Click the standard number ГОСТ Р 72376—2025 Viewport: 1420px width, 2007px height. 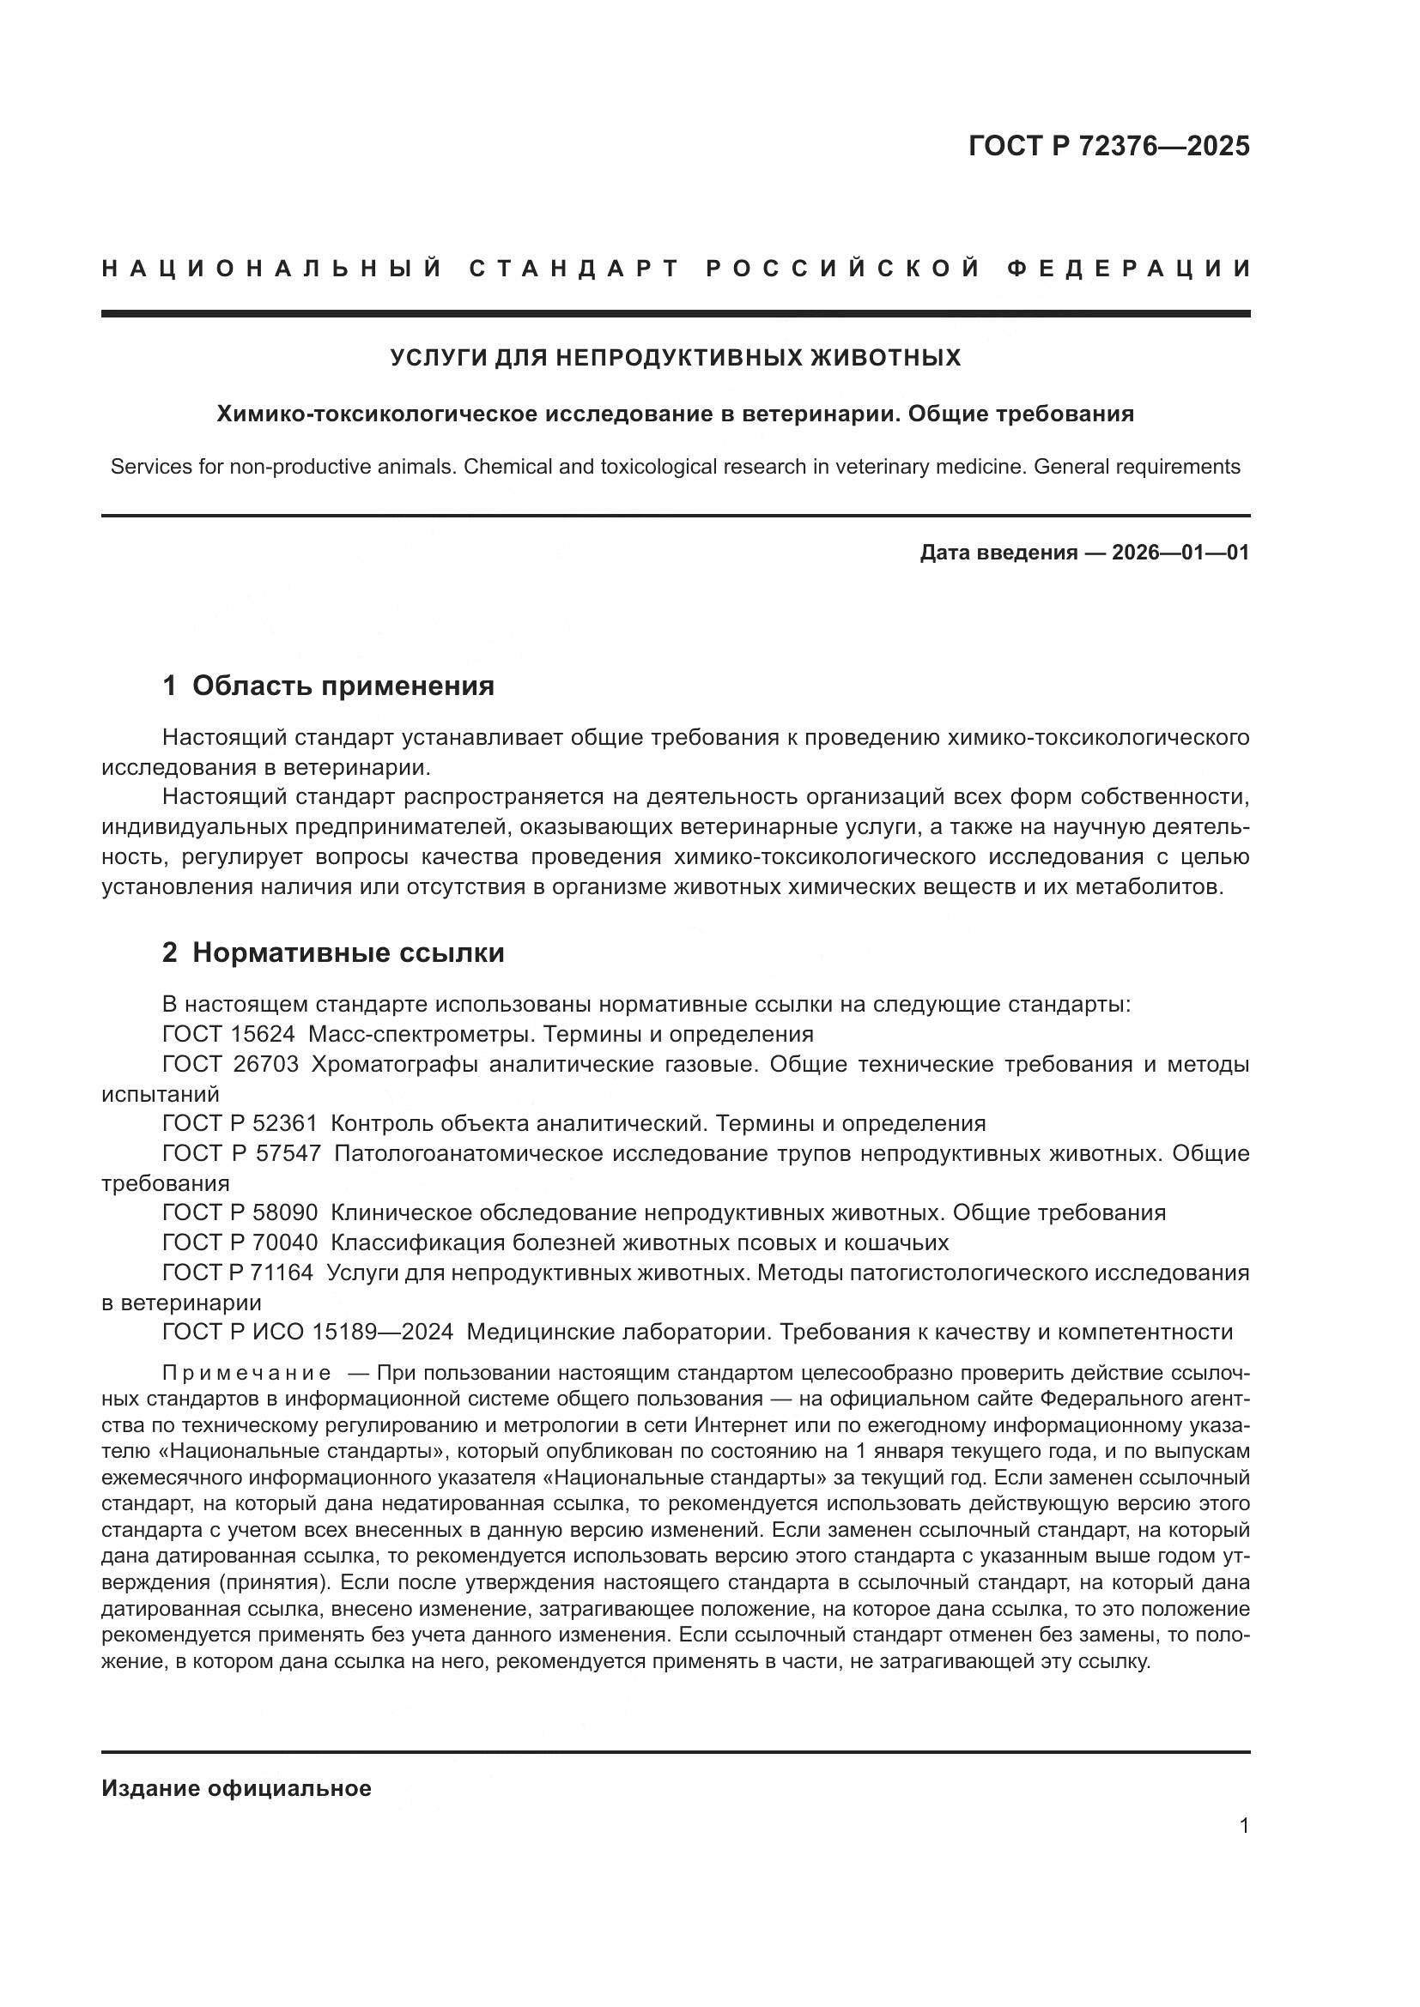click(x=1107, y=146)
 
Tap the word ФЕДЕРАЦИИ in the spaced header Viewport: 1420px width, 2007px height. click(x=1128, y=269)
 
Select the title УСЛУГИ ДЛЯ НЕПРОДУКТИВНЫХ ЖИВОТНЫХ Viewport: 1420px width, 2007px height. click(x=675, y=358)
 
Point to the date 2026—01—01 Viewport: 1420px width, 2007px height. click(x=1180, y=553)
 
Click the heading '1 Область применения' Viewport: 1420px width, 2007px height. click(x=328, y=686)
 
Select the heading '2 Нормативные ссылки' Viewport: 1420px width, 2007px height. click(x=333, y=952)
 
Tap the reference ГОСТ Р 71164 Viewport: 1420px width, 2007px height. click(x=237, y=1272)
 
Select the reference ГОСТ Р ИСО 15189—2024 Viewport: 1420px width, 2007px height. click(x=308, y=1332)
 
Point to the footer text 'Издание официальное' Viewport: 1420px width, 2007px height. click(x=236, y=1788)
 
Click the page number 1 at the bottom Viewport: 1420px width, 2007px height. click(x=1244, y=1825)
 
